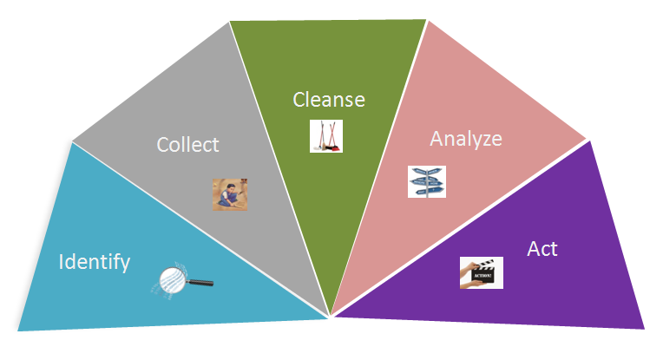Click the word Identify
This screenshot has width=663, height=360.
tap(95, 262)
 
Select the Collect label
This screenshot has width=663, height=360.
tap(187, 145)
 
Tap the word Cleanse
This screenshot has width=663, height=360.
tap(329, 100)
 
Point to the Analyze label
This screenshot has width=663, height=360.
tap(466, 139)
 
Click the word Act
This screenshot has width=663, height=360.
tap(542, 248)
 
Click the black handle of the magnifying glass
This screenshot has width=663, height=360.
tap(200, 282)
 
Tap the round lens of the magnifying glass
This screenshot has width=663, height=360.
tap(173, 279)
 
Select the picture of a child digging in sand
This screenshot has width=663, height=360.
tap(230, 194)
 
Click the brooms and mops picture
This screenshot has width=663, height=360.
tap(326, 136)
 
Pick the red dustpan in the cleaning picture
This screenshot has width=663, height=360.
tap(335, 147)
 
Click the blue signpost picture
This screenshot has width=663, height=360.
tap(427, 181)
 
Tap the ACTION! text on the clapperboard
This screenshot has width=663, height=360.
tap(482, 276)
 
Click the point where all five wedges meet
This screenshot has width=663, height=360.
tap(331, 316)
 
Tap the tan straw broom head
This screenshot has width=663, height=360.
tap(325, 147)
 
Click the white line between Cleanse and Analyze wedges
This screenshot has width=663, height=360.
tap(379, 167)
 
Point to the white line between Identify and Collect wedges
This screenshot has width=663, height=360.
tap(200, 229)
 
